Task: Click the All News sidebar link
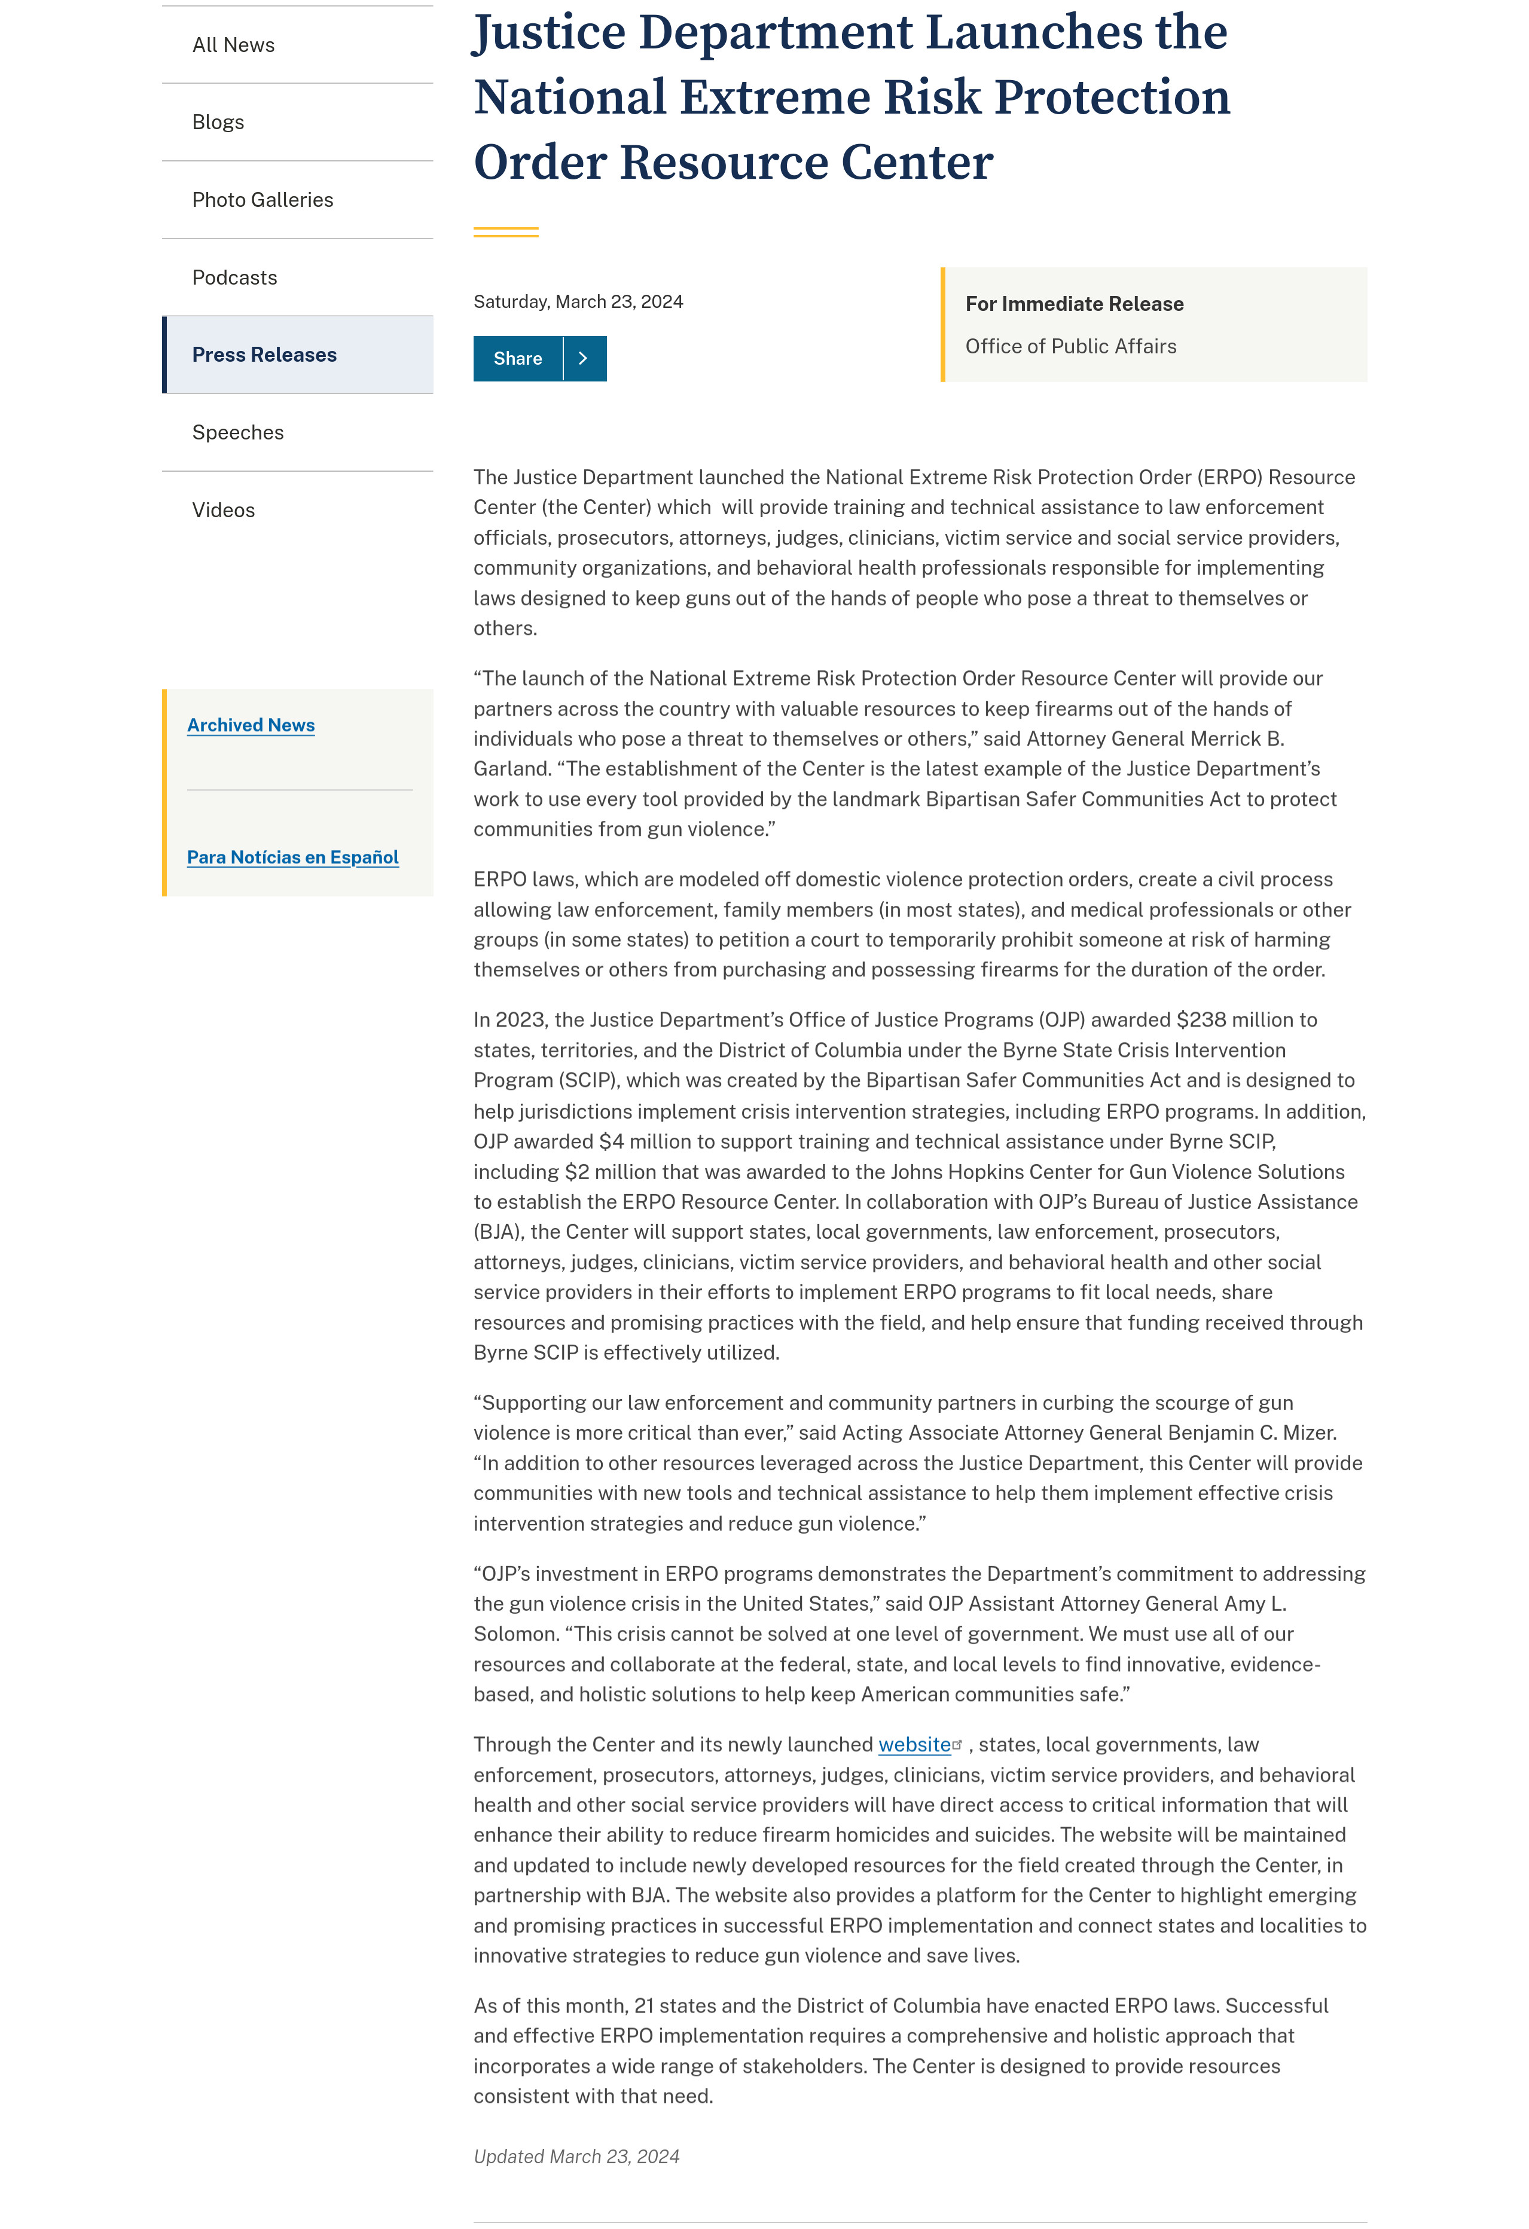(x=233, y=45)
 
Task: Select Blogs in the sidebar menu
(x=218, y=122)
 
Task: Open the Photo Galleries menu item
(x=263, y=200)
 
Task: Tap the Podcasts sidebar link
(x=234, y=277)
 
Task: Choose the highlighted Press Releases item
(x=264, y=355)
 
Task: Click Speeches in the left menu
(x=238, y=432)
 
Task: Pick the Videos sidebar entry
(x=224, y=510)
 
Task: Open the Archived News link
(x=251, y=725)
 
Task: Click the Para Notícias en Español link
(x=292, y=857)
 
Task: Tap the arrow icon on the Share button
(x=583, y=359)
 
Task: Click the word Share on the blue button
(x=517, y=359)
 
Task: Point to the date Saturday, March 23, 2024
(x=578, y=301)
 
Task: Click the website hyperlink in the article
(x=914, y=1745)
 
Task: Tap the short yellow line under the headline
(x=505, y=232)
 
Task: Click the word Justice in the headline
(x=550, y=33)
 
